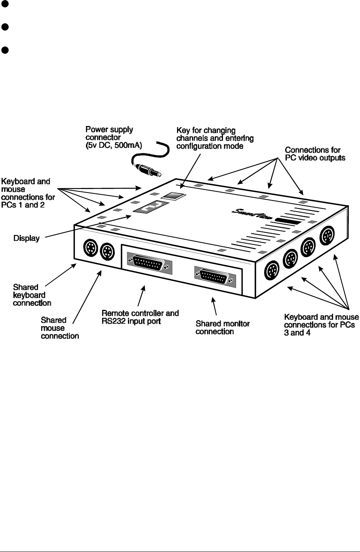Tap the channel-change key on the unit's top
[x=173, y=196]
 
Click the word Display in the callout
[x=27, y=239]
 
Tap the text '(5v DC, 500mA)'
[x=114, y=145]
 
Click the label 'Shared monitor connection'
[x=222, y=328]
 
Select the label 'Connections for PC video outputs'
[x=315, y=154]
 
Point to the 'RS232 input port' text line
[x=131, y=321]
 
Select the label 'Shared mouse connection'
[x=59, y=328]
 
